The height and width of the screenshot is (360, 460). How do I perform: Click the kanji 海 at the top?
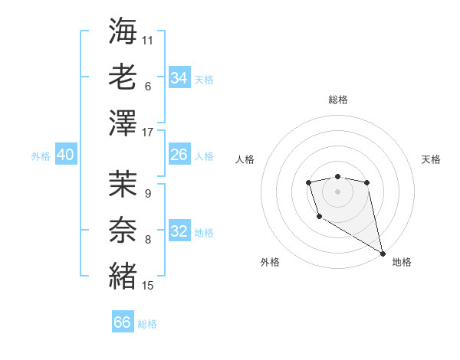coord(123,31)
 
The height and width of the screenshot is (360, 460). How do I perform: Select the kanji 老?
coord(123,77)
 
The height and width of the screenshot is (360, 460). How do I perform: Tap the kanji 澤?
coord(123,122)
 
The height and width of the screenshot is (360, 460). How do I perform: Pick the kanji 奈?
coord(123,228)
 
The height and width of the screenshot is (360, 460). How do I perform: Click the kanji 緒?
coord(123,273)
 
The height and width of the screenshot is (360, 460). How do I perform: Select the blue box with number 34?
coord(179,78)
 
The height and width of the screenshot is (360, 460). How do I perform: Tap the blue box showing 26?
coord(179,155)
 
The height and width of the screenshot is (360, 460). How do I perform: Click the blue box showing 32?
coord(179,231)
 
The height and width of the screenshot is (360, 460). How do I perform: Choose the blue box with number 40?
coord(65,155)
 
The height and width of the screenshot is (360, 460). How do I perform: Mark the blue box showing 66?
coord(123,322)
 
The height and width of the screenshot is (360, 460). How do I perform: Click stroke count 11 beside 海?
coord(148,40)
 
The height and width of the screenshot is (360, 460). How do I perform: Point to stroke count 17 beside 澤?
coord(148,133)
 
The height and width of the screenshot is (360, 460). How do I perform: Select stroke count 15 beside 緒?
coord(148,286)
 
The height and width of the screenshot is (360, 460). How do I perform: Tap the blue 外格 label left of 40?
coord(41,156)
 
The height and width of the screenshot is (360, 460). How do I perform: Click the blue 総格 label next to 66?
coord(147,324)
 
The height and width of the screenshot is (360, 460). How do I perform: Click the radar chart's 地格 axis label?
coord(402,262)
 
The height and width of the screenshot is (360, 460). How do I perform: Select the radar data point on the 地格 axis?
coord(383,253)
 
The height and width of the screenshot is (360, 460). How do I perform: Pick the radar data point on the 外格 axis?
coord(319,218)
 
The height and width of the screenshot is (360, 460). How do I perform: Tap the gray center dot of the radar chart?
coord(337,191)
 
